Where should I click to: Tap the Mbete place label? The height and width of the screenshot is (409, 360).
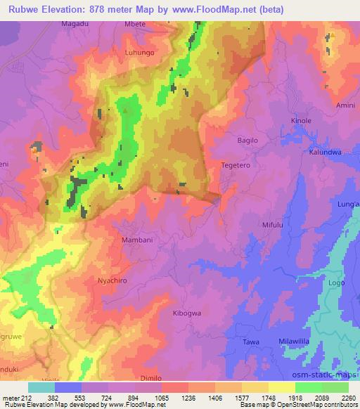[x=135, y=23]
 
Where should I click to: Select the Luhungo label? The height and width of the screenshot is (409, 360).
[x=139, y=52]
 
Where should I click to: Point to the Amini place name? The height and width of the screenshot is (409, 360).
[x=345, y=105]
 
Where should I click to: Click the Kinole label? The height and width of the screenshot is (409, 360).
[x=301, y=121]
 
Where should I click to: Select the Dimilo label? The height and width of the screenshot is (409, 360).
[x=150, y=377]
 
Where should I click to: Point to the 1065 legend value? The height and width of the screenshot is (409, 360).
[x=161, y=398]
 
